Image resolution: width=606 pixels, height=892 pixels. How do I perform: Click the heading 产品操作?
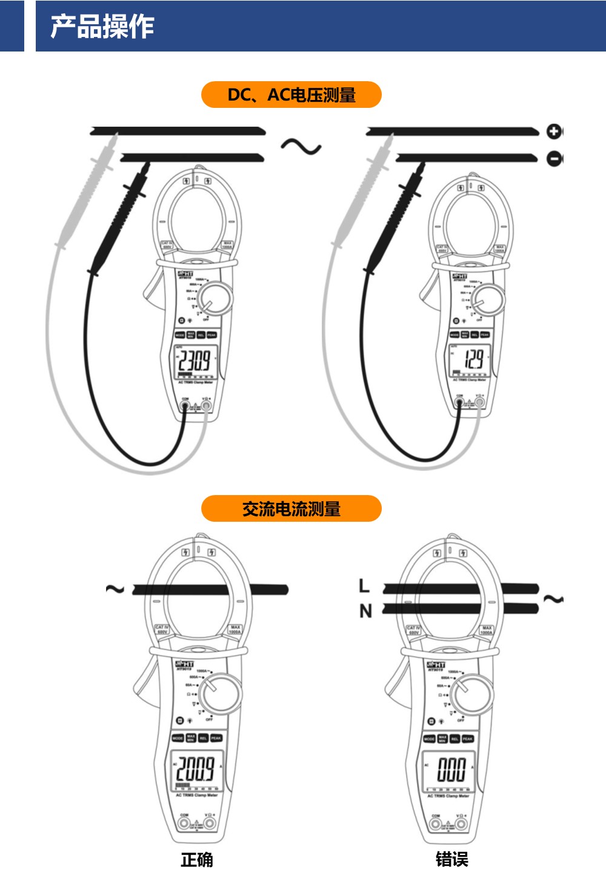(102, 27)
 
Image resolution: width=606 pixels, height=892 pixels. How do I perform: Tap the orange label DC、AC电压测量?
(291, 95)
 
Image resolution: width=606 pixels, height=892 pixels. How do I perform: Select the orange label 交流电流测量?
(291, 509)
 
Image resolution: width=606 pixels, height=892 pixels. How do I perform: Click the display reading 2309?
(194, 361)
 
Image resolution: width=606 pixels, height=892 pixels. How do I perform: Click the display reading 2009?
(195, 768)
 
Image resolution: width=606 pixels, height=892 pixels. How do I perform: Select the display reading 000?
(451, 769)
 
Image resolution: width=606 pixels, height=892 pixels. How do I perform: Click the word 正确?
(197, 859)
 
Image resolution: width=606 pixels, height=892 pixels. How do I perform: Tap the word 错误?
(451, 859)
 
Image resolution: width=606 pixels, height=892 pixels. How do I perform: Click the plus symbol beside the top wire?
(554, 131)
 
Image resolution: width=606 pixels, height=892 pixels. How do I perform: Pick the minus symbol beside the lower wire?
(554, 159)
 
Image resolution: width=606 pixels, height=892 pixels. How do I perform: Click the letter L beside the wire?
(364, 586)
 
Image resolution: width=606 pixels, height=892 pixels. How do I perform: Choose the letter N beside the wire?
(365, 611)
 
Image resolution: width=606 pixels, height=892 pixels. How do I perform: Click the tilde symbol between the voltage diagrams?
(301, 146)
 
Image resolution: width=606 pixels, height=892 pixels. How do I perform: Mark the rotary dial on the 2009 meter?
(220, 693)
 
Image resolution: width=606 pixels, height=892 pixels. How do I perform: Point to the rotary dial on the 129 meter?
(488, 299)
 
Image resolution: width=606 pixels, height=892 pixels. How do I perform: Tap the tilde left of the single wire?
(115, 589)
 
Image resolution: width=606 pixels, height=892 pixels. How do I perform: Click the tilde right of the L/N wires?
(553, 599)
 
